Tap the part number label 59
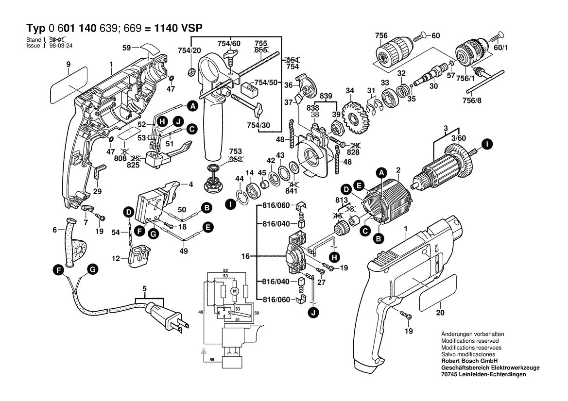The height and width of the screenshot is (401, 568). coord(127,48)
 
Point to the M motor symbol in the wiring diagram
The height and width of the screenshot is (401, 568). coord(234,291)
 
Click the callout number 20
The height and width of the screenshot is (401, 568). coord(440,313)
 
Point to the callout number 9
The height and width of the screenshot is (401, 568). coord(69,64)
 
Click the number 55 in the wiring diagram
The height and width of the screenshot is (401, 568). coord(211,360)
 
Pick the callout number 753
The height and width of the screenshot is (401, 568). coord(222,151)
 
